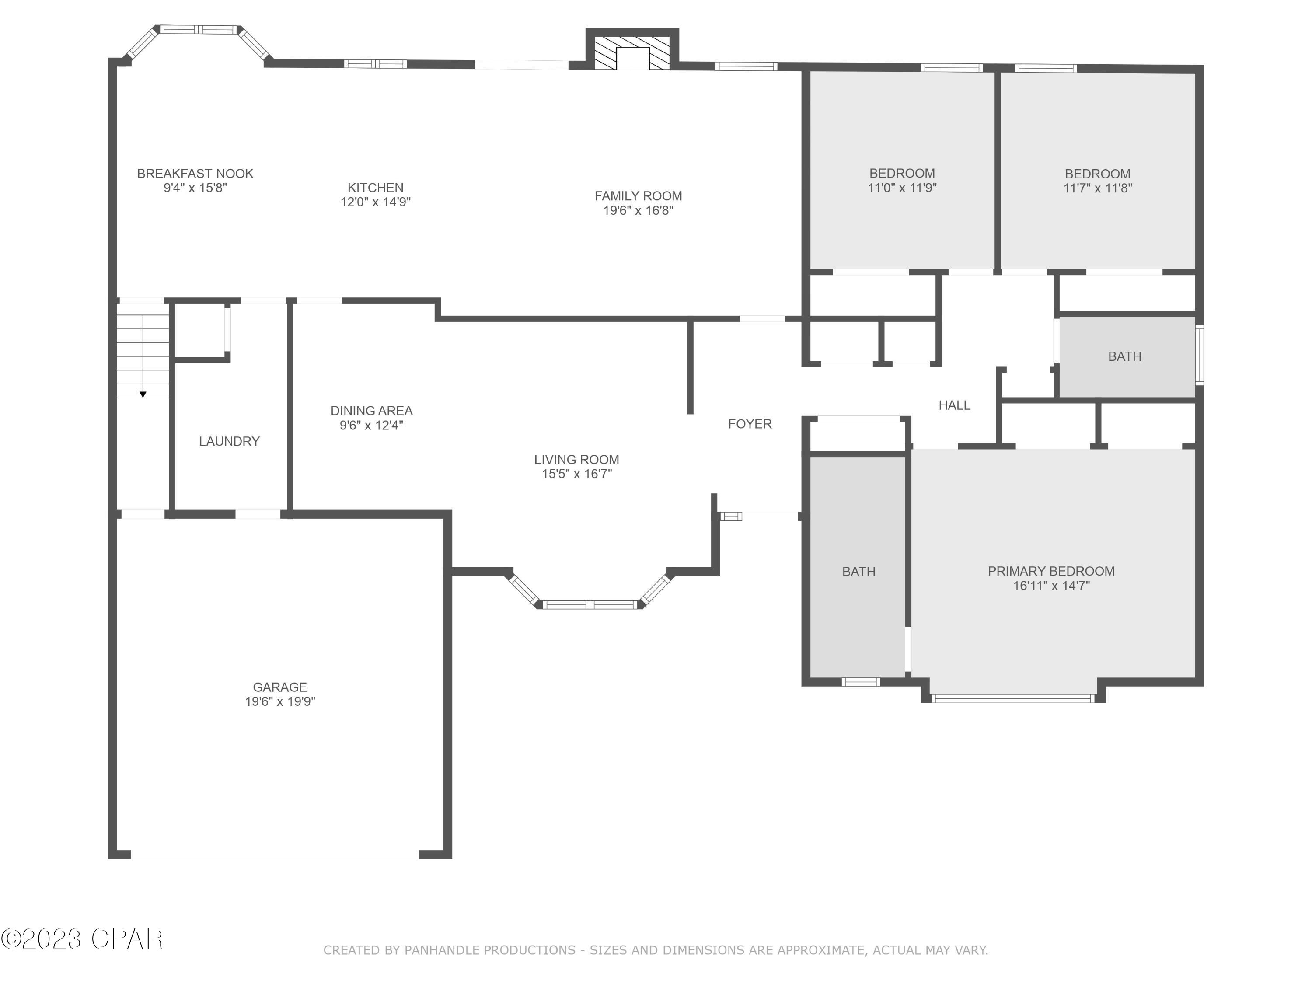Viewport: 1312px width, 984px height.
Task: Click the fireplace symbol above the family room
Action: (632, 53)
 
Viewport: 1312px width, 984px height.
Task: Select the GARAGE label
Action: (280, 687)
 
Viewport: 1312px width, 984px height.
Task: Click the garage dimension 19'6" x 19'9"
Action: (280, 701)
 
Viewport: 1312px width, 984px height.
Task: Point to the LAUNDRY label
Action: (229, 441)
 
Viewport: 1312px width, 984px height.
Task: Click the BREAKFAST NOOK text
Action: (195, 174)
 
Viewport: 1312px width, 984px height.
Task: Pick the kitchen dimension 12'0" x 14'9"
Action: (375, 202)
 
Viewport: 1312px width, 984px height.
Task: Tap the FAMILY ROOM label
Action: (638, 196)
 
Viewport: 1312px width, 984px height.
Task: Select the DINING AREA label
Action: (371, 411)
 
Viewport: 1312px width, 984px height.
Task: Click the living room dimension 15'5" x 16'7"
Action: (576, 474)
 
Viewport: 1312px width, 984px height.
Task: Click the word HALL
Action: (954, 405)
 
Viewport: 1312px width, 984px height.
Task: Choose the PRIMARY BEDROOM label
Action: (1051, 571)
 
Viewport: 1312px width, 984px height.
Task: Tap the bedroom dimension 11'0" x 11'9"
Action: (902, 188)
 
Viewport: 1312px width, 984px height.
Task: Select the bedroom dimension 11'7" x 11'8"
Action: (1097, 188)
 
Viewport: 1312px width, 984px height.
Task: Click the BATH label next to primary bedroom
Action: (858, 572)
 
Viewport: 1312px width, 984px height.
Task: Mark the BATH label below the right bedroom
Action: (1124, 356)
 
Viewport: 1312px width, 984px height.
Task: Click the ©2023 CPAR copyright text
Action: (82, 939)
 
